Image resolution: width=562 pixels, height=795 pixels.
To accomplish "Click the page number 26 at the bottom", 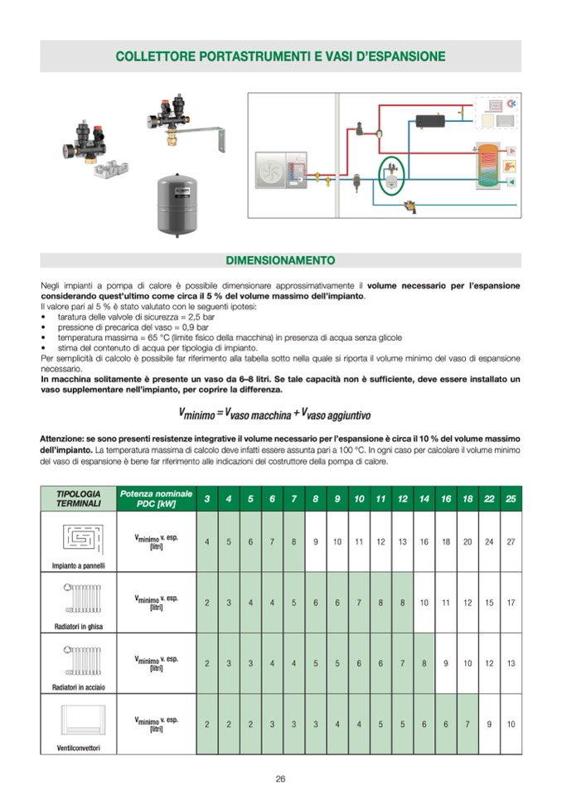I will pyautogui.click(x=280, y=778).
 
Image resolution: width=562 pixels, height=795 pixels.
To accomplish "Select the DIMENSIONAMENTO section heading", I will pyautogui.click(x=280, y=260).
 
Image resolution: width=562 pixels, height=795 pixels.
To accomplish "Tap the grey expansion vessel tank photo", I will pyautogui.click(x=177, y=204).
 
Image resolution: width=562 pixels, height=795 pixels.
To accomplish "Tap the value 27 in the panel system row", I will pyautogui.click(x=511, y=541).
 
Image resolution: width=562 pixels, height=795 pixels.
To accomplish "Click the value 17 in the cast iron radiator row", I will pyautogui.click(x=511, y=603).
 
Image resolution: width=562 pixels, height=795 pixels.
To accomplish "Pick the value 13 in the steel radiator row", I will pyautogui.click(x=511, y=663).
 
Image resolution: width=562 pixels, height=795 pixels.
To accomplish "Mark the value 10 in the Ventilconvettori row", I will pyautogui.click(x=511, y=724).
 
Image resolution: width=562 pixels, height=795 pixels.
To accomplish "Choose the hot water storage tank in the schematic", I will pyautogui.click(x=489, y=166).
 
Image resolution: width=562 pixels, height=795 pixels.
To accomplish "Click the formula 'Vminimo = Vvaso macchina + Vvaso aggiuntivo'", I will pyautogui.click(x=274, y=413).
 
